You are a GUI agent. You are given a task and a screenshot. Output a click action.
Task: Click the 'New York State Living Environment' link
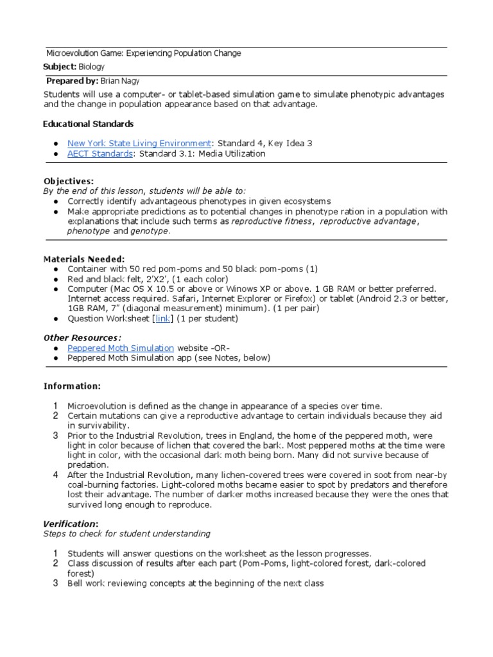click(139, 143)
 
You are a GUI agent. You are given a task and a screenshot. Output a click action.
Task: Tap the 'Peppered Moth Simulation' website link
click(121, 348)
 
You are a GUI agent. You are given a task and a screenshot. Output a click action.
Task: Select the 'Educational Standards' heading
click(89, 123)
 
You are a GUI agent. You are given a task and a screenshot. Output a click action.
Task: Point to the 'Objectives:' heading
click(68, 182)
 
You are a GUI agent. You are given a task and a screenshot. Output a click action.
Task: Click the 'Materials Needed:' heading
click(83, 259)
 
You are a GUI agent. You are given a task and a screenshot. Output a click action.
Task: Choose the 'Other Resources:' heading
click(82, 337)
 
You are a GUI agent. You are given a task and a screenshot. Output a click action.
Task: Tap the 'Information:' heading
click(72, 386)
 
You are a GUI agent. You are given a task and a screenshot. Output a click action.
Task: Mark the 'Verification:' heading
click(71, 524)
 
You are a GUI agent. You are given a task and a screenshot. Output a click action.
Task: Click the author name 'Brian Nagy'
click(121, 81)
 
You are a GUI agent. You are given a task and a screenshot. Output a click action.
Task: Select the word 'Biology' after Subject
click(92, 67)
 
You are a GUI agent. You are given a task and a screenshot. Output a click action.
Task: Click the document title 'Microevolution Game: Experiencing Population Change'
click(144, 53)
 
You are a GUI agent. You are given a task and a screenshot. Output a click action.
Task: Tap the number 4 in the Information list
click(56, 475)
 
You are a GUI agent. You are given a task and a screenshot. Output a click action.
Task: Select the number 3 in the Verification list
click(56, 583)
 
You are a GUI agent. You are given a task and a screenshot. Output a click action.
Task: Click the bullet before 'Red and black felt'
click(56, 280)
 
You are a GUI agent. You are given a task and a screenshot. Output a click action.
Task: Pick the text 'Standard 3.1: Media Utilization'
click(202, 154)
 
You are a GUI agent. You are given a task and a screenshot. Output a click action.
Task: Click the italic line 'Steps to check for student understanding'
click(126, 534)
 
